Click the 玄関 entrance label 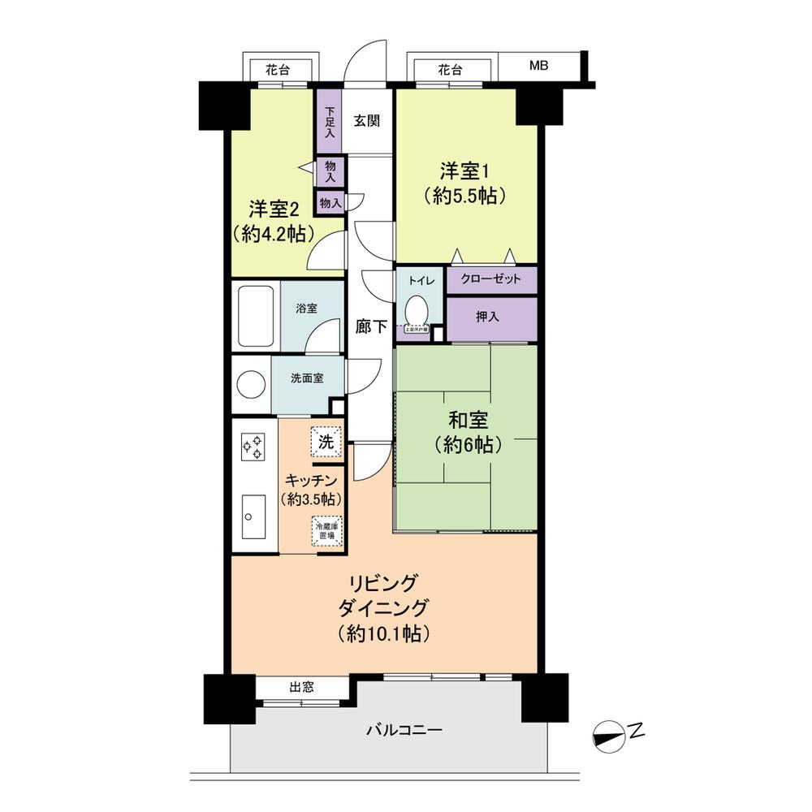tap(367, 121)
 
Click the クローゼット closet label tap(490, 279)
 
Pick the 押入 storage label tap(487, 317)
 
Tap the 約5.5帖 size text tap(465, 196)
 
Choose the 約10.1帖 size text tap(385, 634)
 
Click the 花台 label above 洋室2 tap(278, 70)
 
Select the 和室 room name tap(465, 421)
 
